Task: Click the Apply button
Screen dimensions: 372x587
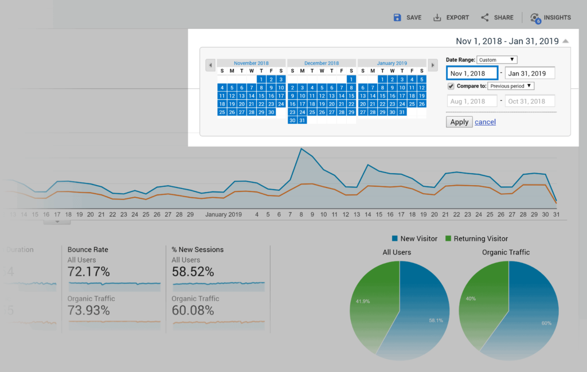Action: (x=459, y=122)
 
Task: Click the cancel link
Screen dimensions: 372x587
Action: (x=485, y=122)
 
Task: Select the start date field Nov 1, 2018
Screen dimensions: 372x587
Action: (x=471, y=73)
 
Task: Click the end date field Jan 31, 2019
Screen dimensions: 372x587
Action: (x=530, y=73)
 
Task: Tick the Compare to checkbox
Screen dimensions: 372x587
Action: (x=451, y=86)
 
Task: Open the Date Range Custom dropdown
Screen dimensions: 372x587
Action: (x=496, y=60)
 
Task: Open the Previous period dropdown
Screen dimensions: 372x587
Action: (x=511, y=86)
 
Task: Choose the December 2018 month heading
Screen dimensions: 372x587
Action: (x=322, y=63)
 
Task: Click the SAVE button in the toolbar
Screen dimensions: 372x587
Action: (x=408, y=17)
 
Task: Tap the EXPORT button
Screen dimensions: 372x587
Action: (x=451, y=17)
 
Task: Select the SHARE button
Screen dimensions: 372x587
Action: (x=497, y=17)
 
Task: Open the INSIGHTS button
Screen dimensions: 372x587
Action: (x=550, y=17)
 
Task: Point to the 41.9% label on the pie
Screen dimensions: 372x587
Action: (x=362, y=301)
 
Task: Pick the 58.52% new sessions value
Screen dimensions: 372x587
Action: (x=193, y=272)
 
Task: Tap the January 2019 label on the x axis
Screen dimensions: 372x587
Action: (x=224, y=214)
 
